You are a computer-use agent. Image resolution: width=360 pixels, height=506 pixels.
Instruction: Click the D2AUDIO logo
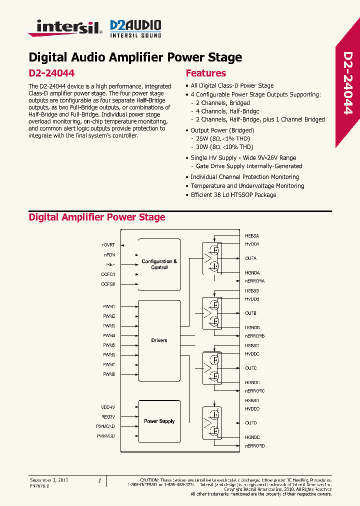tap(135, 28)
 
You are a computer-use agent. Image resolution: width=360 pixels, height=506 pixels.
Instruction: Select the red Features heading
tap(205, 73)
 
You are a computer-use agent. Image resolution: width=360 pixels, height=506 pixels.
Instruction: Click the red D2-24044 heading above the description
tap(51, 73)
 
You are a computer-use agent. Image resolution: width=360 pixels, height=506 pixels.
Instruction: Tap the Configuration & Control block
tap(159, 264)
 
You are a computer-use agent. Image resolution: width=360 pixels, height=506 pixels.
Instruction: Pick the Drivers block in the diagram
tap(159, 340)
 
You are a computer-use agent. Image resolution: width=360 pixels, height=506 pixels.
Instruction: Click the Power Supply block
tap(159, 421)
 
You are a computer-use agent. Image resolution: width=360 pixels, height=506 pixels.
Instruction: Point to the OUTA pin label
tap(250, 258)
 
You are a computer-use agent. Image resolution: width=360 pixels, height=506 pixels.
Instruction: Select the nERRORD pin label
tap(254, 445)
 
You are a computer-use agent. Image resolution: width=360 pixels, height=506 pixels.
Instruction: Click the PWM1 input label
tap(109, 306)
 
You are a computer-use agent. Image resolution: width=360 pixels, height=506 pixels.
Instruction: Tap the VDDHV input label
tap(108, 407)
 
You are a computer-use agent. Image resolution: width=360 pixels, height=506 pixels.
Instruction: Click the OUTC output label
tap(250, 368)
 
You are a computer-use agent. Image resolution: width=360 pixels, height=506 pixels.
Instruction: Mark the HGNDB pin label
tap(252, 327)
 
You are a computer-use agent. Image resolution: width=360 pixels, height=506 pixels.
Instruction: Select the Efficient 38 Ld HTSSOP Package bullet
tap(233, 195)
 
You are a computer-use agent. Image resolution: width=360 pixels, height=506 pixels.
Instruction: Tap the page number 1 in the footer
tap(99, 480)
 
